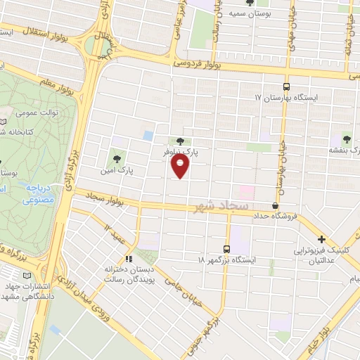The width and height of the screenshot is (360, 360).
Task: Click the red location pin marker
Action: point(181,166)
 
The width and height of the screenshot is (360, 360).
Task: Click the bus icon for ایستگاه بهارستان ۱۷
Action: point(285,82)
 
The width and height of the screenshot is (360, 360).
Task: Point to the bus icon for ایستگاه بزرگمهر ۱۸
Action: point(226,248)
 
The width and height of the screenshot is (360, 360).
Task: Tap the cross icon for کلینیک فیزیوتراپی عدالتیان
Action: point(322,239)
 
